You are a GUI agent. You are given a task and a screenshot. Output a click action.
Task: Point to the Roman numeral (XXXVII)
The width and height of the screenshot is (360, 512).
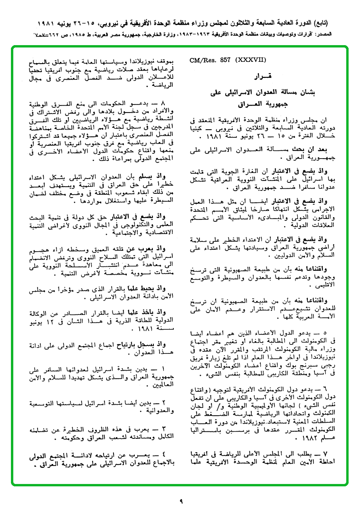[250, 60]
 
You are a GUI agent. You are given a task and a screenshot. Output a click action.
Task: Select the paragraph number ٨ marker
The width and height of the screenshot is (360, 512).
[163, 103]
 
